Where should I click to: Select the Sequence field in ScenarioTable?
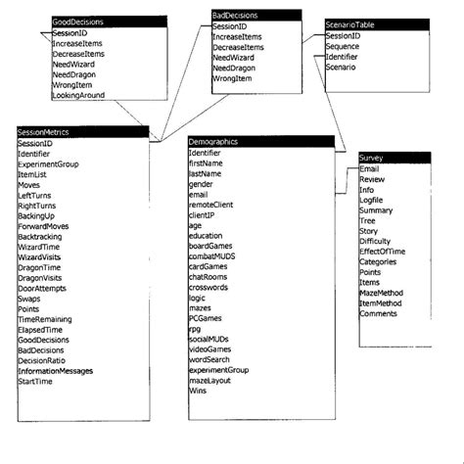(x=344, y=46)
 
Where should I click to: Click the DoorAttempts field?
(x=43, y=288)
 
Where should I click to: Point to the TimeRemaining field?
(x=45, y=319)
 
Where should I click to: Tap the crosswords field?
(x=209, y=287)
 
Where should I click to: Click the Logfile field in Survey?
(x=373, y=200)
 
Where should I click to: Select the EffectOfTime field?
(x=382, y=252)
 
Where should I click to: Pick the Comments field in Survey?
(x=378, y=313)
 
